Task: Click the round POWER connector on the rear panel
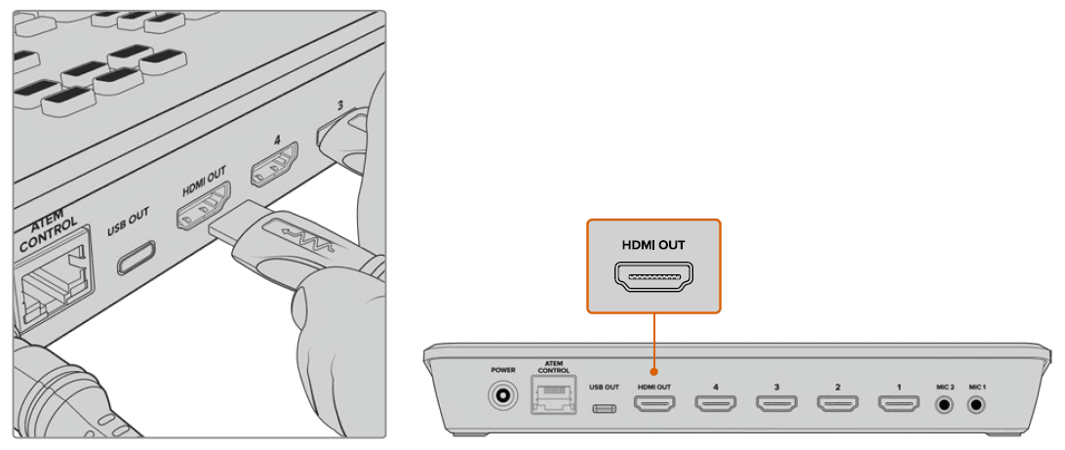[504, 398]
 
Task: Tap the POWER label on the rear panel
[504, 371]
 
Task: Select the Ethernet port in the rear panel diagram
[553, 399]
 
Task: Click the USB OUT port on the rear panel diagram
[604, 402]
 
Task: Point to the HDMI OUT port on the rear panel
[654, 401]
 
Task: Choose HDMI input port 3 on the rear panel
[776, 401]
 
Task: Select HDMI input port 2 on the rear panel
[837, 401]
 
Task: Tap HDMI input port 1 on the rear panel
[898, 401]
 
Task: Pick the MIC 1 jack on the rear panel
[977, 401]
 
